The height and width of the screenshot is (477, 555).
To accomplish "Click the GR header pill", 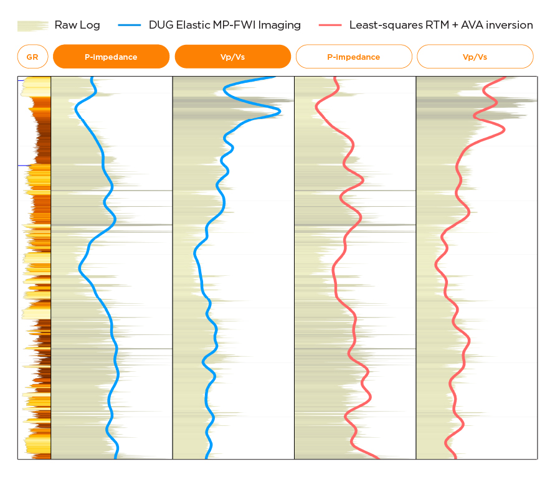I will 32,57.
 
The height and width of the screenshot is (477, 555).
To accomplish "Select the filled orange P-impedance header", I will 111,57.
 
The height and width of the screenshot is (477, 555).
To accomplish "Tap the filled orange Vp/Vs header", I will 232,57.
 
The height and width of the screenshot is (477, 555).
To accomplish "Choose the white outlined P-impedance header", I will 353,57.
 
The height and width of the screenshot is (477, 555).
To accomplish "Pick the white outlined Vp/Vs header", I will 475,57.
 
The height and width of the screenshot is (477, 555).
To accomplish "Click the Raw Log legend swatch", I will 32,26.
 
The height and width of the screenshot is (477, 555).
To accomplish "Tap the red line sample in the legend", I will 330,26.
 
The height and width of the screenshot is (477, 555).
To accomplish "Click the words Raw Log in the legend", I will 77,26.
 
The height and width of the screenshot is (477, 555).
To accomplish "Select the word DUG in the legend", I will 161,26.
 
